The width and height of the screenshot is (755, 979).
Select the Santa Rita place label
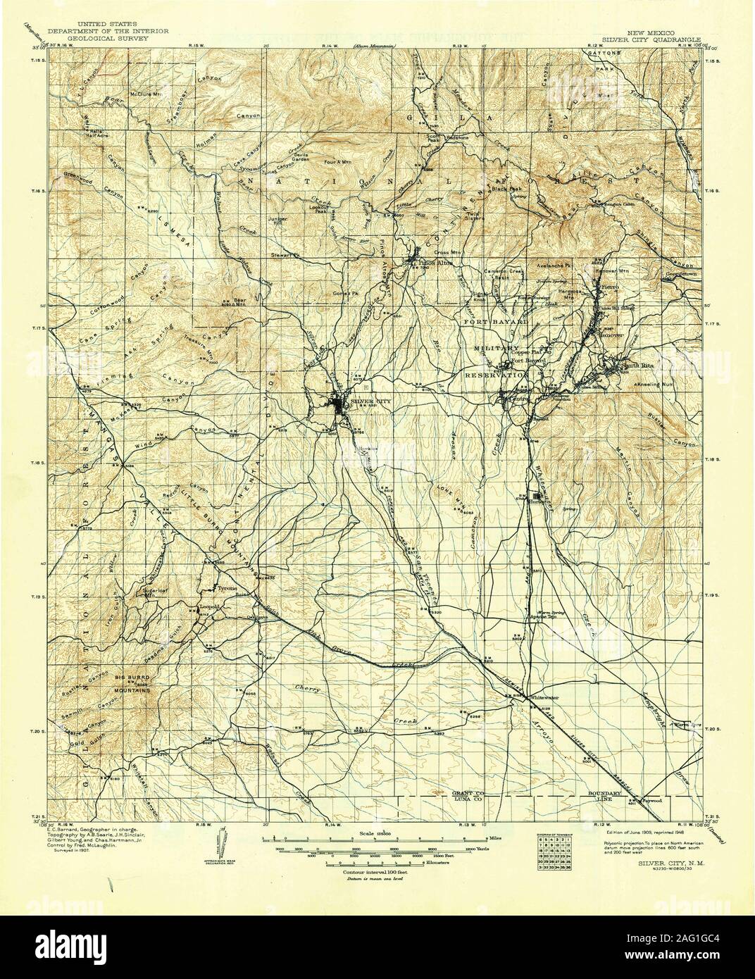tap(632, 366)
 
